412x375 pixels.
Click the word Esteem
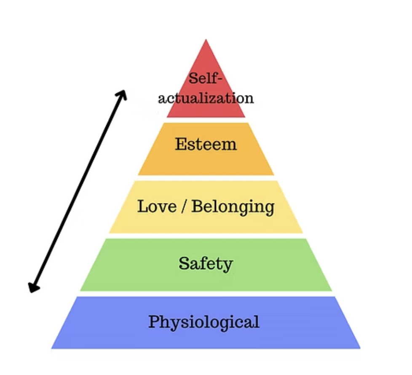[206, 144]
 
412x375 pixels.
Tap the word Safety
[206, 264]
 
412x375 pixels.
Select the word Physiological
[204, 321]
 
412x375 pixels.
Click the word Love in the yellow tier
[157, 206]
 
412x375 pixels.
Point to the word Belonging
[233, 207]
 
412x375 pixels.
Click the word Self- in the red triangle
[206, 78]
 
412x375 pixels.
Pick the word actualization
[206, 98]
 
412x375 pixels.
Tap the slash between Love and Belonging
[184, 206]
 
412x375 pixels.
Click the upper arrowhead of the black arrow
[123, 94]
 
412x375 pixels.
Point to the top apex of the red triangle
[206, 40]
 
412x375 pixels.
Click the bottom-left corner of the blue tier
[51, 348]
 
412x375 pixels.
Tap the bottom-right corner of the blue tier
[360, 348]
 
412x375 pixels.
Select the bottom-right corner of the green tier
[332, 291]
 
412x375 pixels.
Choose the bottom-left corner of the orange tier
[138, 175]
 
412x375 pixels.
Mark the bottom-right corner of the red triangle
[245, 117]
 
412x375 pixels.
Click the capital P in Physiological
[154, 321]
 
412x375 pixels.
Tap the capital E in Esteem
[181, 144]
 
